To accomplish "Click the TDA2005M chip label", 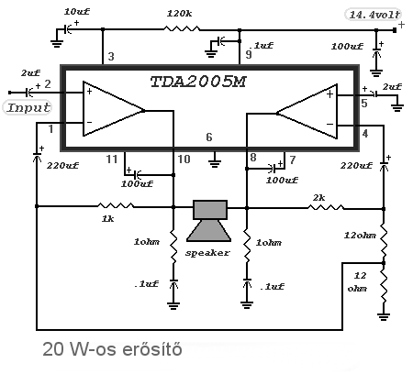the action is pos(198,82).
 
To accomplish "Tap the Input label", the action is pos(28,107).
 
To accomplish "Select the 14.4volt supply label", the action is pos(374,15).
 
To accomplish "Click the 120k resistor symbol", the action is pos(182,29).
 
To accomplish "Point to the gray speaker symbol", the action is pos(210,221).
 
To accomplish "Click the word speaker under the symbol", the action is pos(207,253).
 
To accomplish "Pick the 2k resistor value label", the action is pos(318,198).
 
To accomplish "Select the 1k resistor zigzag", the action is pos(116,205).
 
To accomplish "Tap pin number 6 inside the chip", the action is pos(209,137).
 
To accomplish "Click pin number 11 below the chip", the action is pos(112,159).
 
